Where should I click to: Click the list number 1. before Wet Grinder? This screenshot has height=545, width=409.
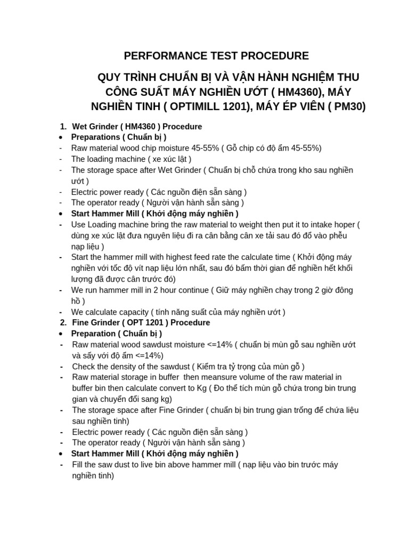(x=63, y=127)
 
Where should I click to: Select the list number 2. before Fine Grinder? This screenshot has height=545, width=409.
(x=63, y=323)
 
